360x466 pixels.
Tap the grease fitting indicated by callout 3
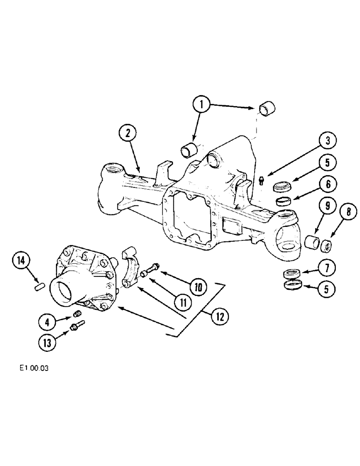[x=262, y=180]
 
